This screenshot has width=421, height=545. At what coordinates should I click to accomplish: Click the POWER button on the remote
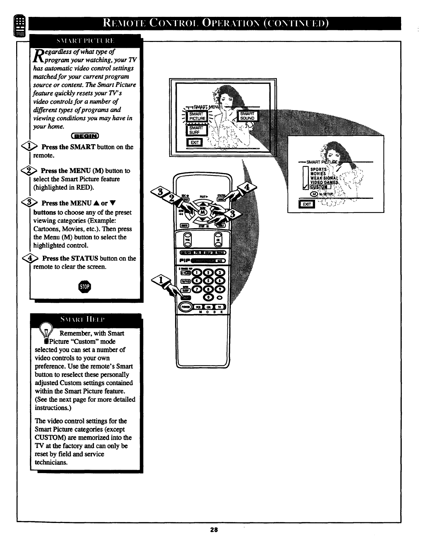click(x=185, y=307)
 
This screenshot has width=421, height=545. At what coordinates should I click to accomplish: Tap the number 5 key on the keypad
click(x=208, y=281)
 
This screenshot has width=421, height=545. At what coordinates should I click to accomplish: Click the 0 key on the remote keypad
click(x=208, y=297)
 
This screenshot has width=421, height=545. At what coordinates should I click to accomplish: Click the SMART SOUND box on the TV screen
click(x=247, y=116)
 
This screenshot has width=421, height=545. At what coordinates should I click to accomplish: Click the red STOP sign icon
click(x=85, y=287)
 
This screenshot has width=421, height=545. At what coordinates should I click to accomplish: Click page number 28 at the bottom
click(x=214, y=539)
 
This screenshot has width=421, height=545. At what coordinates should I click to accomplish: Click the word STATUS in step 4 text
click(x=84, y=258)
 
